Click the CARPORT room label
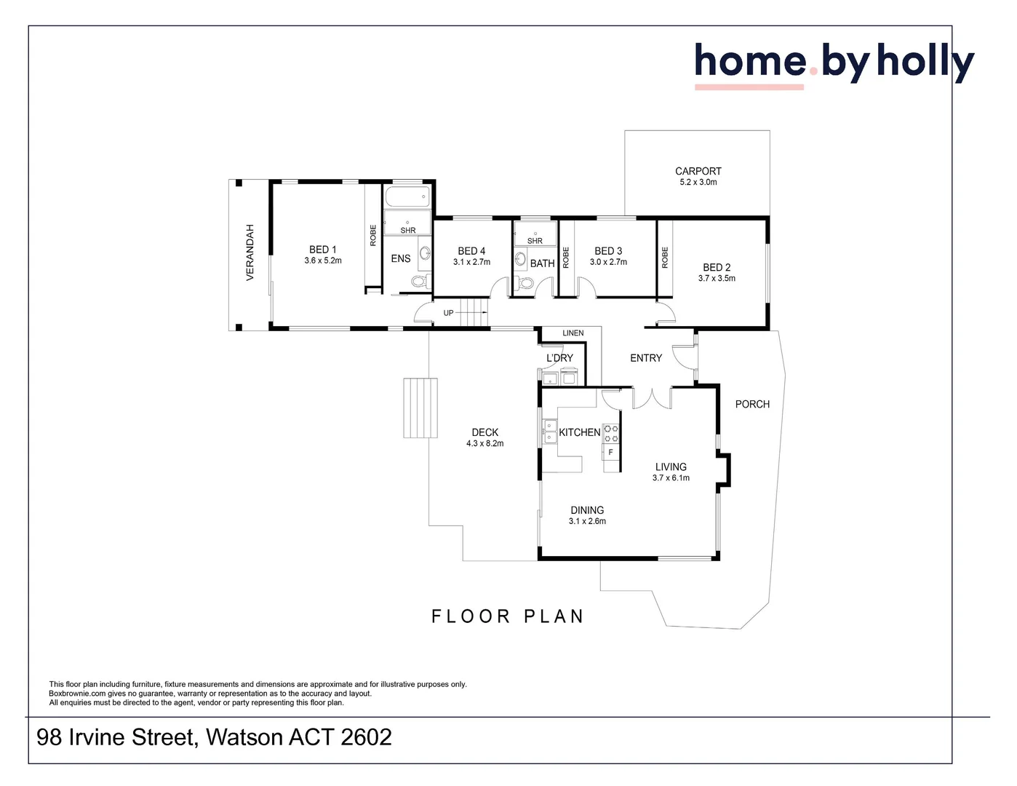pos(698,171)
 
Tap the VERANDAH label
pos(250,253)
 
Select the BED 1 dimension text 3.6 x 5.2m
pos(323,261)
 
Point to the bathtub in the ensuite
pos(407,196)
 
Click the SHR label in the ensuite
pos(407,230)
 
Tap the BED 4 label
pos(471,251)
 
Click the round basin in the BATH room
pos(520,258)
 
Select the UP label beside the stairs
pos(448,313)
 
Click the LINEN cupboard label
pos(573,333)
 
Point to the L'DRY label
pos(559,358)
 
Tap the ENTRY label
pos(646,358)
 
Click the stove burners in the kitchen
pos(611,433)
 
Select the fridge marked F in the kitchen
pos(610,452)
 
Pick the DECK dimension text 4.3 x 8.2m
pos(485,443)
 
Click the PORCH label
pos(752,404)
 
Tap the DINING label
pos(587,510)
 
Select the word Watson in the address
pos(244,737)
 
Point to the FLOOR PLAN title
pos(508,616)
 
